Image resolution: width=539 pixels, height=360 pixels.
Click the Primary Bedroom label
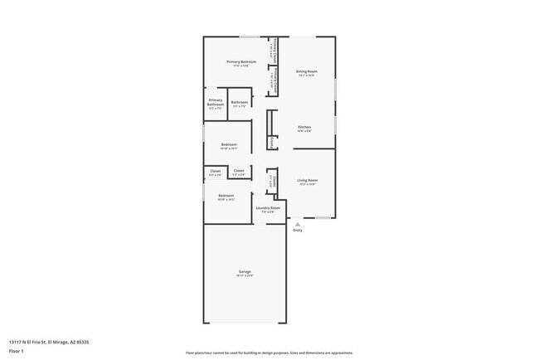[241, 62]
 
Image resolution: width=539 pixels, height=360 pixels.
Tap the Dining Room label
[306, 71]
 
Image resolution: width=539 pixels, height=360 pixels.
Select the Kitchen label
[304, 127]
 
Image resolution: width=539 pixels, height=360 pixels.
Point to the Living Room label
[308, 180]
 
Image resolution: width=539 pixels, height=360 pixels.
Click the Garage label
[245, 272]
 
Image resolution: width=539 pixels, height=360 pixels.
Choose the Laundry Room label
[267, 208]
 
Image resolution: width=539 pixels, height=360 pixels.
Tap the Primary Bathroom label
[216, 103]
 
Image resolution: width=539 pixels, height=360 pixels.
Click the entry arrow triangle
[297, 223]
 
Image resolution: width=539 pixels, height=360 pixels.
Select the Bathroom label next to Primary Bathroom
[240, 102]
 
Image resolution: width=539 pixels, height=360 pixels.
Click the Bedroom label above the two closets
[229, 145]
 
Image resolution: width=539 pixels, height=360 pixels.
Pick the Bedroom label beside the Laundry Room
[226, 196]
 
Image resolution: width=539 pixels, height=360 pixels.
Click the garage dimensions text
[245, 276]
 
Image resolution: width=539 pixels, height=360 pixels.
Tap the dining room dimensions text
[306, 75]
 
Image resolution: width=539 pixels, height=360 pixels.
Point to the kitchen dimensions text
[304, 131]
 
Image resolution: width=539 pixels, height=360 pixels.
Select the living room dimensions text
[308, 184]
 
